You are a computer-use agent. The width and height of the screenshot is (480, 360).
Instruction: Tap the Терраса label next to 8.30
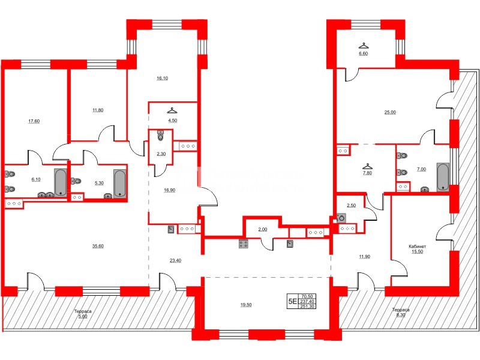pos(401,310)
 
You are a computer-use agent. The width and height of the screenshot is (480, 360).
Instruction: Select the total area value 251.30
pos(307,307)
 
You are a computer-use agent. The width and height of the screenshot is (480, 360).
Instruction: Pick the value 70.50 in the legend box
pos(307,296)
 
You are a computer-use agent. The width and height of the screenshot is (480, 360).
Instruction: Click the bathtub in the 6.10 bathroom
pos(60,182)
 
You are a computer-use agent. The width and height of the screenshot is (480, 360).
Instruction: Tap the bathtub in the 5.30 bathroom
pos(119,183)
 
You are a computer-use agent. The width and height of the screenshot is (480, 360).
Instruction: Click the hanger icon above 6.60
pos(363,45)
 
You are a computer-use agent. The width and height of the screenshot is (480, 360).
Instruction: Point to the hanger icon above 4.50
pos(172,110)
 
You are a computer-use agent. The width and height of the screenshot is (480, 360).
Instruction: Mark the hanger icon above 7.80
pos(366,167)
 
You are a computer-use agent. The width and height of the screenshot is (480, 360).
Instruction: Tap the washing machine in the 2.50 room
pos(343,218)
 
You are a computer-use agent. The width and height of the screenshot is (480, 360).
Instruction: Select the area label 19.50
pos(245,305)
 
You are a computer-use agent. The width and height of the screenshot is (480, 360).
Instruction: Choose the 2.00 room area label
pos(262,230)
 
